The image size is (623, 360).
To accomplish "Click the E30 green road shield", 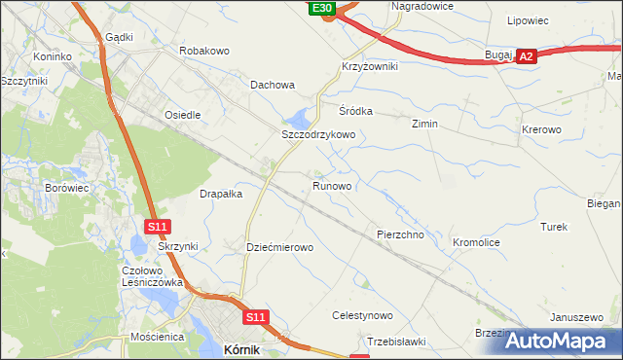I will (x=323, y=8).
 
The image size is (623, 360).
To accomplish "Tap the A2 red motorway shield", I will (x=526, y=57).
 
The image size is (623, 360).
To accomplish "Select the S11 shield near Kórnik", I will (x=255, y=317).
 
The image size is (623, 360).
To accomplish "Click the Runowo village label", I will (x=332, y=185).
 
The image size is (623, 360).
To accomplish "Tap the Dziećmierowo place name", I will (x=279, y=247).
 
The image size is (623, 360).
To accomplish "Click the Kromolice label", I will (x=476, y=240).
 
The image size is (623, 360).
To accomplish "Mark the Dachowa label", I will (x=273, y=85).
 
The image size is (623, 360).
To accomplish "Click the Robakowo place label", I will (x=203, y=50).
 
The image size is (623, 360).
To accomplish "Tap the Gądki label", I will (x=118, y=36).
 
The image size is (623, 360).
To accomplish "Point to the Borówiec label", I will (x=66, y=185).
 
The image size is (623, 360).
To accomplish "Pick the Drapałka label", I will (x=221, y=194).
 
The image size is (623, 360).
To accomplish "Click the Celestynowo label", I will (x=362, y=316).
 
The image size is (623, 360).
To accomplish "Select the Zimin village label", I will (x=424, y=125).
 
